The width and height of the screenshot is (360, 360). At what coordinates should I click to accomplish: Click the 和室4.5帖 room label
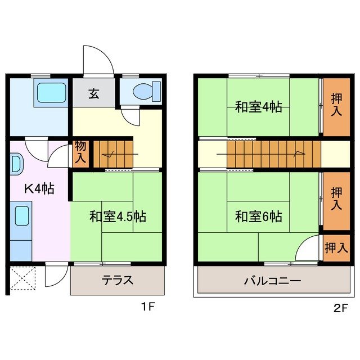point(118,217)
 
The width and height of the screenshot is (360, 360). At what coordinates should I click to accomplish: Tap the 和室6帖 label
point(258,216)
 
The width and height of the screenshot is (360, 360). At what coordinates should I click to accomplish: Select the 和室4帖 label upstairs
point(258,107)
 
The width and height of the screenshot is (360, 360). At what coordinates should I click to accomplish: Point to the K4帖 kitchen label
point(38,189)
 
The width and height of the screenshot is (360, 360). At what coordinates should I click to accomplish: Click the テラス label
point(118,280)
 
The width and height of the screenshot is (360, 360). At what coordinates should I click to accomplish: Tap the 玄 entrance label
point(93,94)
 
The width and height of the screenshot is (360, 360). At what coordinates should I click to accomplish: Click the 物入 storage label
point(80,152)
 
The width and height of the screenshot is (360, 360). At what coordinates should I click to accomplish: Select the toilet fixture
point(148,91)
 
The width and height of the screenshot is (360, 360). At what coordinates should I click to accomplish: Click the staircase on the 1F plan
point(114,153)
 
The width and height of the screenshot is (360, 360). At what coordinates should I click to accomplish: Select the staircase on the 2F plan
point(273,153)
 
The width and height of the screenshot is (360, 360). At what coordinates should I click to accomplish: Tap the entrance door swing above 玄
point(97,61)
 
